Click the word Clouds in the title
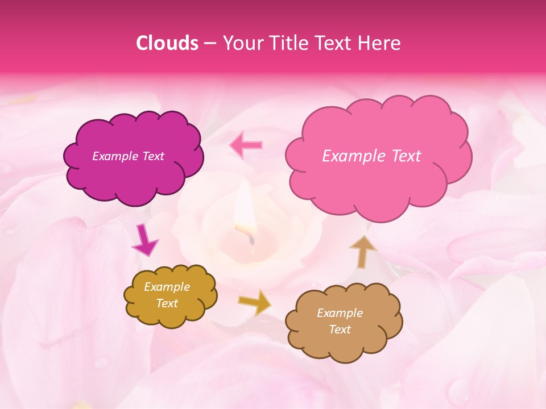[167, 43]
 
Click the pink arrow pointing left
[246, 145]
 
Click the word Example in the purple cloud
[114, 156]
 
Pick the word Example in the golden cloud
[167, 287]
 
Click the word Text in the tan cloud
[340, 329]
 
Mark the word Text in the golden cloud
[167, 303]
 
